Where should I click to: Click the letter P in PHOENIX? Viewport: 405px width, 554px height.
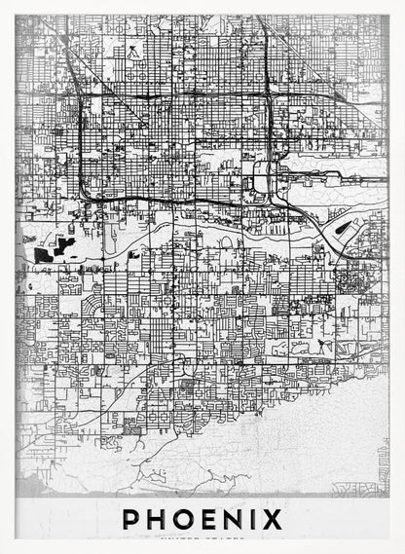131,519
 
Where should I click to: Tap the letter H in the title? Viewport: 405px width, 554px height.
159,519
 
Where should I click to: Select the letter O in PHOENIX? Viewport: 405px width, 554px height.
188,519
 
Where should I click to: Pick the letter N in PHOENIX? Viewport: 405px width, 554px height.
240,519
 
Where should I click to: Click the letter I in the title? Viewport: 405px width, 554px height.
260,519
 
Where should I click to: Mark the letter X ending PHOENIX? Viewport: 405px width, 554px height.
276,519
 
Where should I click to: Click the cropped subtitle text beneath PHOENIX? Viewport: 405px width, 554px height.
202,536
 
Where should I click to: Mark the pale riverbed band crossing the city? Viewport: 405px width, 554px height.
195,237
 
